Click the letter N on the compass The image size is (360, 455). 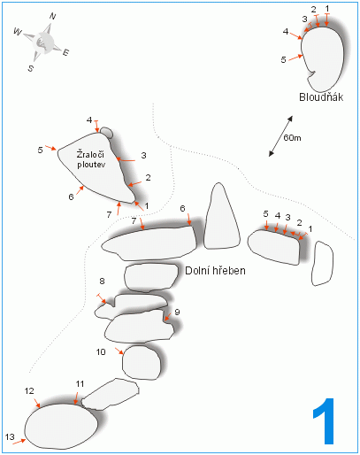[x=52, y=17]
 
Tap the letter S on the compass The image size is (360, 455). [x=31, y=68]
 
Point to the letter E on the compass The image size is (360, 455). [x=65, y=52]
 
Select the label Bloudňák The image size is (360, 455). [x=321, y=97]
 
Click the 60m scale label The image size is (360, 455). [x=292, y=138]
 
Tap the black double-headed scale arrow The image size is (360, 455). [x=280, y=136]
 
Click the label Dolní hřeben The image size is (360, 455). [x=215, y=271]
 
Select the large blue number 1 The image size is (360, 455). [x=325, y=421]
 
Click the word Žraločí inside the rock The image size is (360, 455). [x=90, y=154]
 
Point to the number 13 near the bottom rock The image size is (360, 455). [x=10, y=436]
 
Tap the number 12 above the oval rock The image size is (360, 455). [x=29, y=391]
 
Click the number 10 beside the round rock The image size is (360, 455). [x=101, y=351]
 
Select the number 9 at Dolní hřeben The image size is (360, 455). [x=177, y=312]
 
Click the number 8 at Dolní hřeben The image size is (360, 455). [x=102, y=281]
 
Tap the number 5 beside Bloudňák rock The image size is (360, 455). [x=283, y=60]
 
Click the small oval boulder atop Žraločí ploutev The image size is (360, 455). [x=106, y=133]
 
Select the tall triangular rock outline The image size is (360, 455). [x=221, y=216]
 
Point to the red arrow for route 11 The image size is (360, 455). [x=76, y=398]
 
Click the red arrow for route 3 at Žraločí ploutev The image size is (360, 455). [x=126, y=160]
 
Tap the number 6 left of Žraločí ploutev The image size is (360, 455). [x=71, y=197]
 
